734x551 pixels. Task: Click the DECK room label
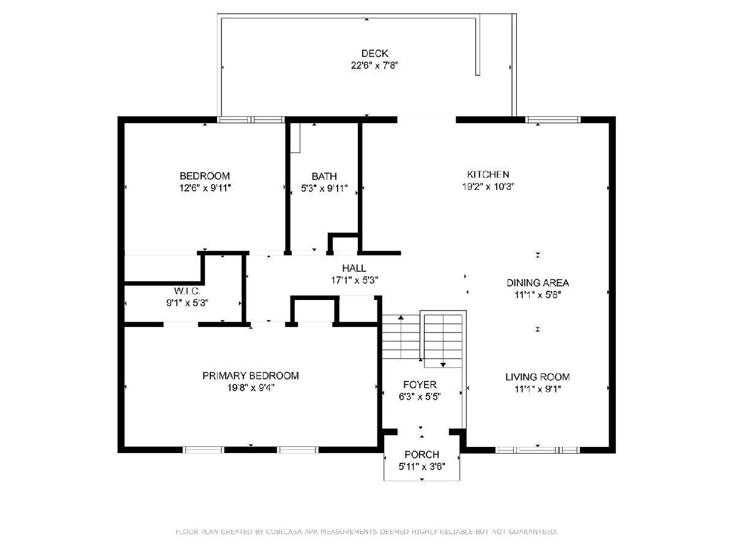pos(374,53)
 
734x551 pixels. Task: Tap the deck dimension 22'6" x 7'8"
pos(374,66)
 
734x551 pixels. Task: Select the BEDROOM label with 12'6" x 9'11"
pos(205,176)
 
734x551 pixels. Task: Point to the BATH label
pos(324,176)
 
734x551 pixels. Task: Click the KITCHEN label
pos(488,174)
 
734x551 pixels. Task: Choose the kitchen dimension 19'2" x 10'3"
pos(488,186)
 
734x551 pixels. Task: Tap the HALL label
pos(354,268)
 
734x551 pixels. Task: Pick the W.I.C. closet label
pos(187,291)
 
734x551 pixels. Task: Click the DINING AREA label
pos(538,283)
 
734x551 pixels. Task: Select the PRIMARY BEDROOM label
pos(250,375)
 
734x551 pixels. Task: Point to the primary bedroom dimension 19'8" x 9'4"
pos(250,388)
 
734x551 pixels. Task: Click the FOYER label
pos(420,384)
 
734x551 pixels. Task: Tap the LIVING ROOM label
pos(538,377)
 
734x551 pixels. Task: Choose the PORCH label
pos(421,454)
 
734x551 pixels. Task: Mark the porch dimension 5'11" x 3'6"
pos(421,467)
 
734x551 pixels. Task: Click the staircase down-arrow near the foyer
pos(443,364)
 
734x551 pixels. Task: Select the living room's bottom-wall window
pos(538,450)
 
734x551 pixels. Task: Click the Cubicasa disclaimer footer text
pos(366,531)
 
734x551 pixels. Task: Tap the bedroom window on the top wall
pos(251,120)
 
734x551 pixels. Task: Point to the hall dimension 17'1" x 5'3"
pos(354,280)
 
